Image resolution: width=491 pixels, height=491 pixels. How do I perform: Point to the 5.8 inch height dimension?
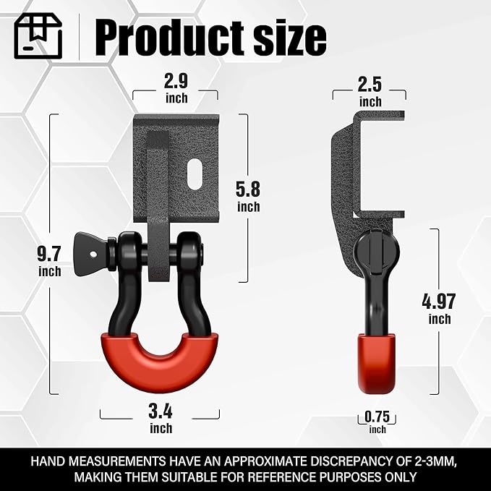point(248,195)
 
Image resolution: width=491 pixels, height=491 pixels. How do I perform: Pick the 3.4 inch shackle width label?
point(161,419)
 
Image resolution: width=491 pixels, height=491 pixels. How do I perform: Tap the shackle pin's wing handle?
point(92,248)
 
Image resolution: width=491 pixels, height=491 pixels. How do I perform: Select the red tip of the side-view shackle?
point(377,362)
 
